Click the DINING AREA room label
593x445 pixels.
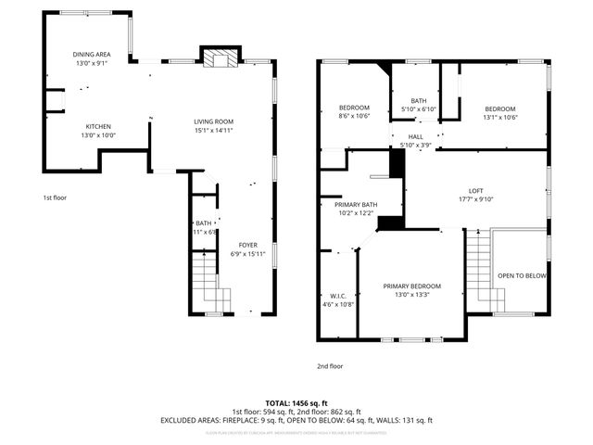[92, 55]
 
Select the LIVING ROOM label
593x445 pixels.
[213, 121]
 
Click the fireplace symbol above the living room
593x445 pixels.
[220, 59]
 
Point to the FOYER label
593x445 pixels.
[247, 245]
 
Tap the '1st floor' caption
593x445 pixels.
[55, 197]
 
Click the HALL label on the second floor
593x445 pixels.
[416, 136]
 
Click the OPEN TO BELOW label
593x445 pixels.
[523, 276]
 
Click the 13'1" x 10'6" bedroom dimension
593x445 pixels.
[499, 117]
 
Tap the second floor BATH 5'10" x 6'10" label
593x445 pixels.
[419, 109]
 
